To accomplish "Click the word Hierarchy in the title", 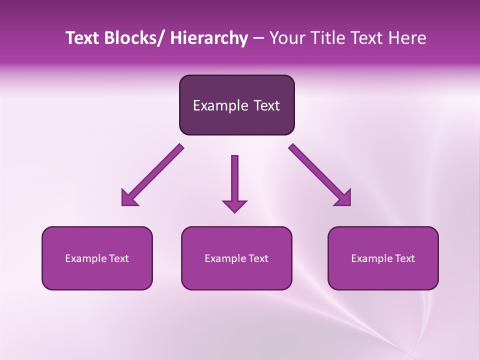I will coord(209,38).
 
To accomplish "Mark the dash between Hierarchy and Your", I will coord(258,38).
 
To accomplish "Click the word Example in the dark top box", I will coord(220,105).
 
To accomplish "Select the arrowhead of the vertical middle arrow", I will coord(234,206).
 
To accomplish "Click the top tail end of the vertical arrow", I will coord(234,158).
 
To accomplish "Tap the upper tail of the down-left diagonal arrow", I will coord(179,148).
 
